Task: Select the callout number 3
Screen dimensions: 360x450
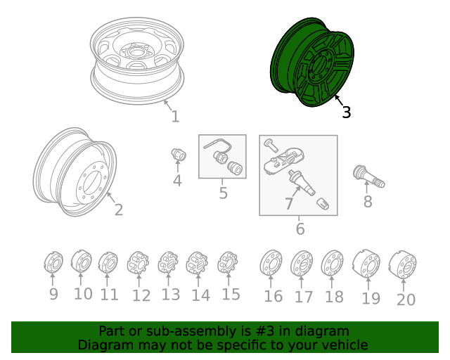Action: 346,112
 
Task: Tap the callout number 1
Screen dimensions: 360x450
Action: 175,117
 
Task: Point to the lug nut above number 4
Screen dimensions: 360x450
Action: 177,154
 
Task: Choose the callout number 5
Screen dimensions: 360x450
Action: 223,193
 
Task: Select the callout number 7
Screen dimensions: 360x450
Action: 288,204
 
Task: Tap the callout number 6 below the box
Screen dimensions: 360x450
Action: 300,229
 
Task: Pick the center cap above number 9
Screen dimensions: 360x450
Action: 53,264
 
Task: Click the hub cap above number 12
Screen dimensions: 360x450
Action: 138,264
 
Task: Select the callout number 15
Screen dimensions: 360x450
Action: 231,294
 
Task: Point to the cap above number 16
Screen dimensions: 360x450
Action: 271,264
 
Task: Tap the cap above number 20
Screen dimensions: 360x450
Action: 404,264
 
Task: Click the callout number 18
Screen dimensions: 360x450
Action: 334,297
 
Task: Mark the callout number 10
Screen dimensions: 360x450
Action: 83,293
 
